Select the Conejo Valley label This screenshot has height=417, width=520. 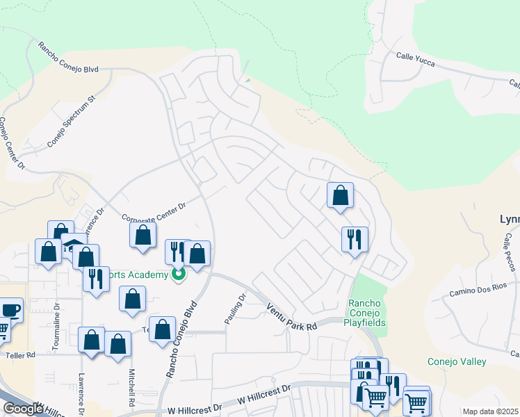click(456, 361)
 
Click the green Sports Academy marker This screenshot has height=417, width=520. click(179, 275)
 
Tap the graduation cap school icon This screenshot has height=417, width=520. click(73, 246)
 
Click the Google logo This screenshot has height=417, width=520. click(23, 409)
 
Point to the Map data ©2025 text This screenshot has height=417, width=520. click(490, 411)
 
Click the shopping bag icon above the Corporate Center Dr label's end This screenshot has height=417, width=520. click(143, 234)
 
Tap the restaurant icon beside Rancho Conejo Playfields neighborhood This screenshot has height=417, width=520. click(355, 239)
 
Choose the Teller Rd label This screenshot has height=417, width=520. click(21, 355)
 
